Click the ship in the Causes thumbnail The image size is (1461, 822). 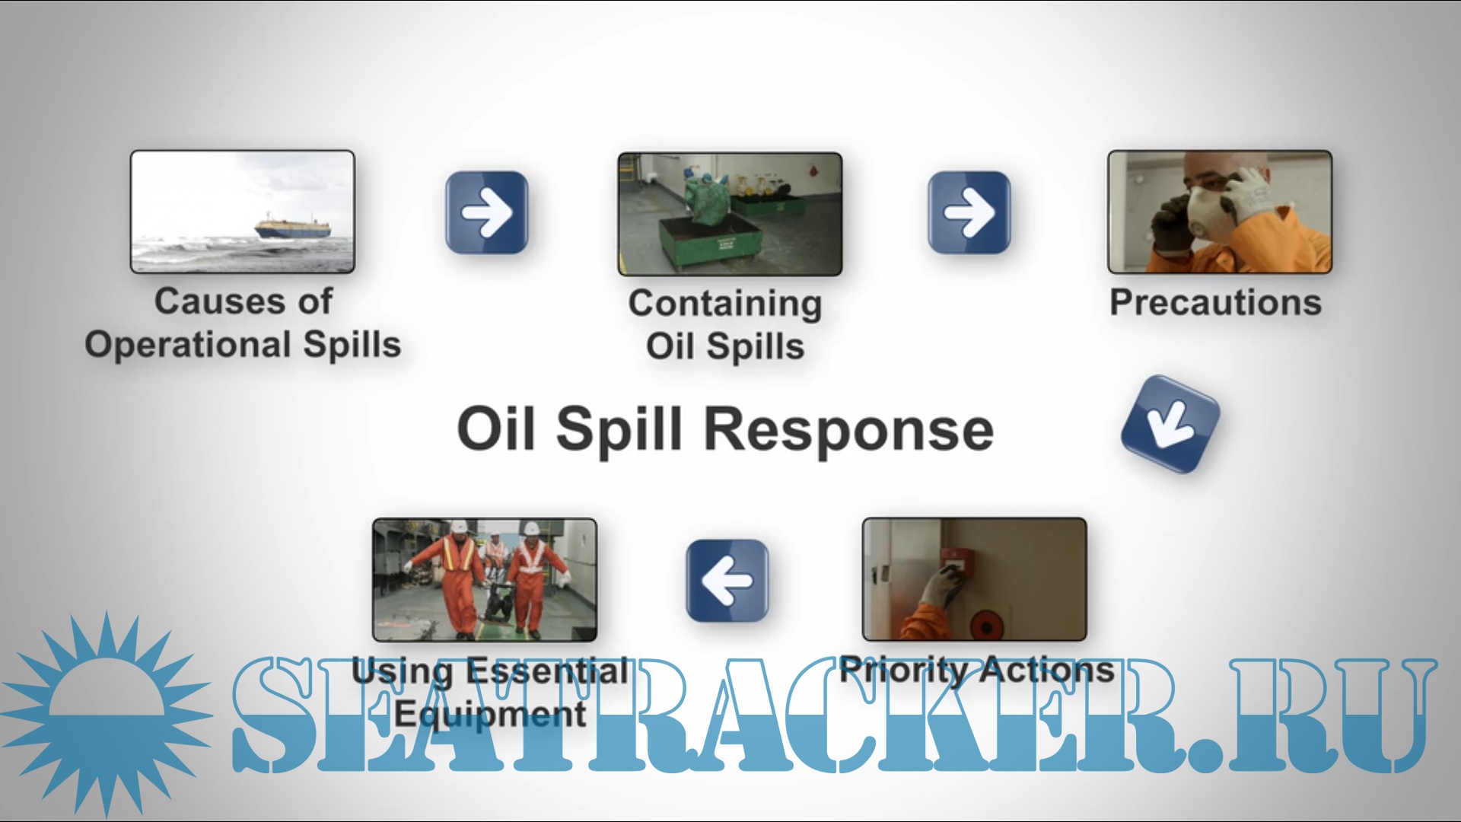pos(293,228)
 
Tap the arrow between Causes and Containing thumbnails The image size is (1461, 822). pos(487,212)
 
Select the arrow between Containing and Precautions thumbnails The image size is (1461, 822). pos(969,212)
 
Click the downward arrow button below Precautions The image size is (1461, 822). pos(1170,424)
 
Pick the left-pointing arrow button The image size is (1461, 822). pos(727,581)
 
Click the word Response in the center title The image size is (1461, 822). pos(848,430)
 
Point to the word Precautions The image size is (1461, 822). pos(1215,303)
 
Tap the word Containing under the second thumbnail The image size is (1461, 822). pos(725,304)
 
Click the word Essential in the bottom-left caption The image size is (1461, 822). pos(548,671)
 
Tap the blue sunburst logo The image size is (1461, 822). pos(107,715)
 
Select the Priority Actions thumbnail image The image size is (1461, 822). pos(974,580)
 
